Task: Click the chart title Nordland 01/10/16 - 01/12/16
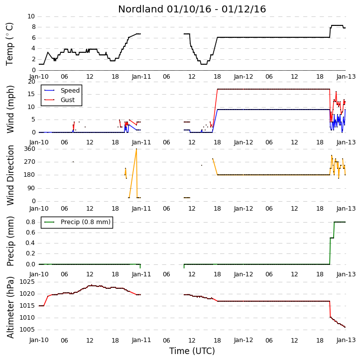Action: pyautogui.click(x=192, y=9)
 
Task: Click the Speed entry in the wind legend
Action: pyautogui.click(x=70, y=90)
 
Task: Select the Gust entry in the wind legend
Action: pyautogui.click(x=68, y=100)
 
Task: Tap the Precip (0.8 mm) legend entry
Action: pyautogui.click(x=86, y=222)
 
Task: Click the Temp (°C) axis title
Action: pyautogui.click(x=9, y=44)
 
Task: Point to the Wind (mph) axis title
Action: pyautogui.click(x=10, y=109)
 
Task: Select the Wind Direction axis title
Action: pyautogui.click(x=10, y=175)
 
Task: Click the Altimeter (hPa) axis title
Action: pyautogui.click(x=10, y=307)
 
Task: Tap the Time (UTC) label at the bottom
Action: pyautogui.click(x=192, y=351)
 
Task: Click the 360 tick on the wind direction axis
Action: pyautogui.click(x=30, y=149)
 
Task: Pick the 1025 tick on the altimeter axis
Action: pyautogui.click(x=27, y=282)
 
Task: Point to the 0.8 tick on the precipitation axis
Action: pyautogui.click(x=30, y=222)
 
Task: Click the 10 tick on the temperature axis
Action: pyautogui.click(x=31, y=16)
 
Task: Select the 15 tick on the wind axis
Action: pyautogui.click(x=31, y=94)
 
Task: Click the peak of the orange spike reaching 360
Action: pyautogui.click(x=136, y=149)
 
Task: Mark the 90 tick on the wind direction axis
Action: pyautogui.click(x=31, y=188)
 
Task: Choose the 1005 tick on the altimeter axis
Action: pyautogui.click(x=27, y=330)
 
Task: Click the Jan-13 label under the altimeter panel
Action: pyautogui.click(x=346, y=340)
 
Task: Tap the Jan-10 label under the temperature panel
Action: pyautogui.click(x=39, y=77)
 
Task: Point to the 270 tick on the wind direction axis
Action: pyautogui.click(x=30, y=162)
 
